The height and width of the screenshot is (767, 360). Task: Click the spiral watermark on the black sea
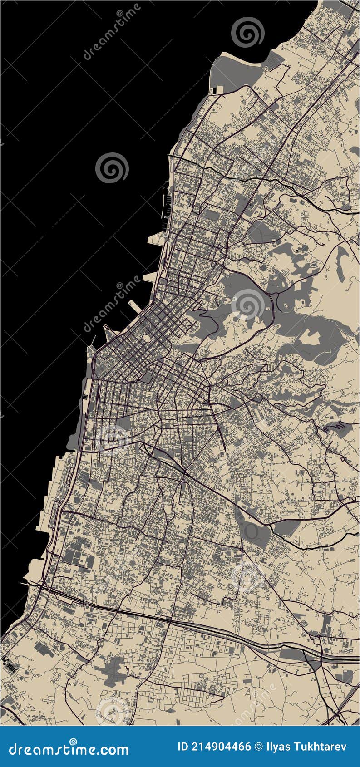click(x=112, y=168)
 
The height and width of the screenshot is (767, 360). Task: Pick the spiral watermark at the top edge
click(x=247, y=32)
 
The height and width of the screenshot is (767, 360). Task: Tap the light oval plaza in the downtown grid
click(x=147, y=338)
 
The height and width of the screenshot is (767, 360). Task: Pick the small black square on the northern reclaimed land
click(x=214, y=91)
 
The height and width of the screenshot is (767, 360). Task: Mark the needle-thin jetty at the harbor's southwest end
click(x=94, y=340)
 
